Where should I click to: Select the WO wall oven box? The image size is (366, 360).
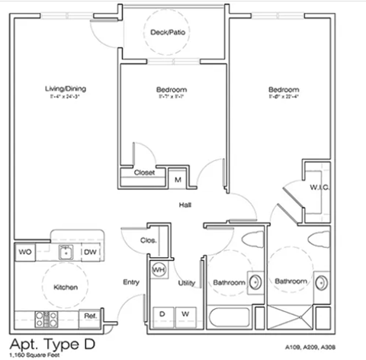pyautogui.click(x=24, y=252)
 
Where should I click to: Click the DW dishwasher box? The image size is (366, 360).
pyautogui.click(x=89, y=252)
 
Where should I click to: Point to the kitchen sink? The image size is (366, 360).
pyautogui.click(x=66, y=252)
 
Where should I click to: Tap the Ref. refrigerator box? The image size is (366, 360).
pyautogui.click(x=89, y=315)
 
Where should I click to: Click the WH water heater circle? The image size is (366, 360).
pyautogui.click(x=159, y=270)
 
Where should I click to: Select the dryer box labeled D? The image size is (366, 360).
pyautogui.click(x=162, y=313)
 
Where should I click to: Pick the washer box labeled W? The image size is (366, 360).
pyautogui.click(x=185, y=313)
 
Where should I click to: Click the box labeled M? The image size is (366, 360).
pyautogui.click(x=177, y=179)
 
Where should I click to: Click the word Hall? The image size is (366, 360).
pyautogui.click(x=185, y=205)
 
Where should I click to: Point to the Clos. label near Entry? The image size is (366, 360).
pyautogui.click(x=149, y=240)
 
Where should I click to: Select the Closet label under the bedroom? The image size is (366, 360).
pyautogui.click(x=144, y=172)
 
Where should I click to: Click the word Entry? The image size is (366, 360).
pyautogui.click(x=130, y=283)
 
